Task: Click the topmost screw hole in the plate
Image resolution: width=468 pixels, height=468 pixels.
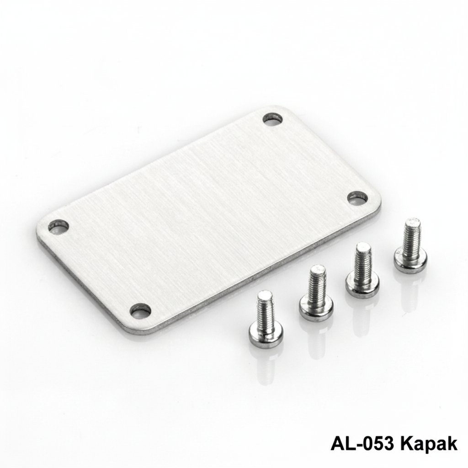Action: [272, 119]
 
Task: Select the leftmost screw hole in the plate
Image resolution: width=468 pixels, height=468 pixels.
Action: [58, 226]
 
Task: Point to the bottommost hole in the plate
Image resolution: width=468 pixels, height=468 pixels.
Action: [140, 310]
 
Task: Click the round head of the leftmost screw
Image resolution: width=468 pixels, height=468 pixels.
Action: [266, 336]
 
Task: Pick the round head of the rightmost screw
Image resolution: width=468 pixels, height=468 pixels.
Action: [410, 261]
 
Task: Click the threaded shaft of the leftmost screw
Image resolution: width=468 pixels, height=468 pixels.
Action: [265, 310]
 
